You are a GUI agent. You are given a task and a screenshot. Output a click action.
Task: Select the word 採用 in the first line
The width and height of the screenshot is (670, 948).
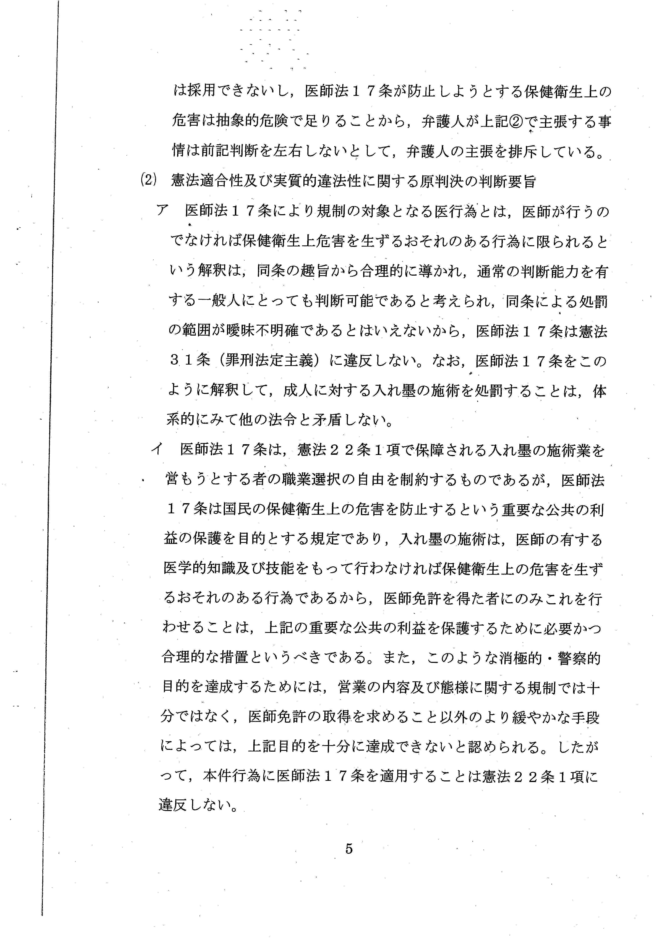(x=202, y=92)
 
